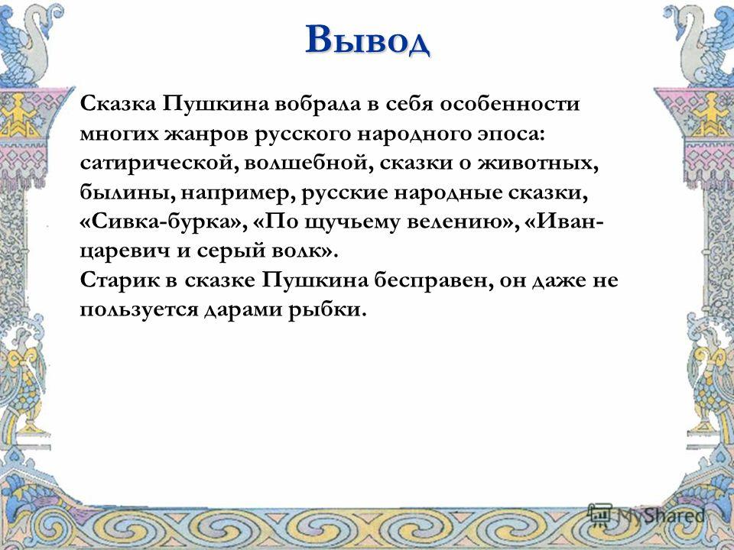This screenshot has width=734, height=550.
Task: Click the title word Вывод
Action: [368, 40]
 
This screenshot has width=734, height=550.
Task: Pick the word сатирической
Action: [159, 163]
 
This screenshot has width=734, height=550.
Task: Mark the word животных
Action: [538, 163]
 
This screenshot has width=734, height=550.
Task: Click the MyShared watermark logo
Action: [647, 514]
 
